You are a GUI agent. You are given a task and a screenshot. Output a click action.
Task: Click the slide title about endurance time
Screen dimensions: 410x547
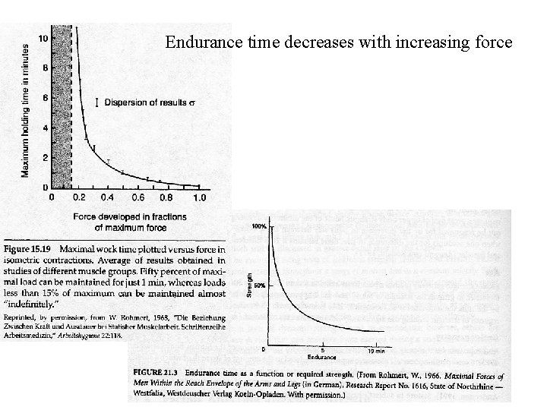tap(339, 42)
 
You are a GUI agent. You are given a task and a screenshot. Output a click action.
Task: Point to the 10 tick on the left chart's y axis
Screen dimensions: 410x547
tap(44, 38)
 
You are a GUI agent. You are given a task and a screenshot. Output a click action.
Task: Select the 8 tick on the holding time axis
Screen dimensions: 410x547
tap(45, 68)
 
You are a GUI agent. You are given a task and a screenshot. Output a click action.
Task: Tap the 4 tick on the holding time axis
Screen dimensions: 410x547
tap(45, 128)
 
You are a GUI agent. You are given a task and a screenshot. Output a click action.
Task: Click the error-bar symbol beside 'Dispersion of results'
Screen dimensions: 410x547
tap(96, 102)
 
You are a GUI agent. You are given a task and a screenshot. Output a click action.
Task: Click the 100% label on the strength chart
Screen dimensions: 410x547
tap(258, 227)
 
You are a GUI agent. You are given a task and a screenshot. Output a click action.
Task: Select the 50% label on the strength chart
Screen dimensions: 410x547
tap(258, 285)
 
